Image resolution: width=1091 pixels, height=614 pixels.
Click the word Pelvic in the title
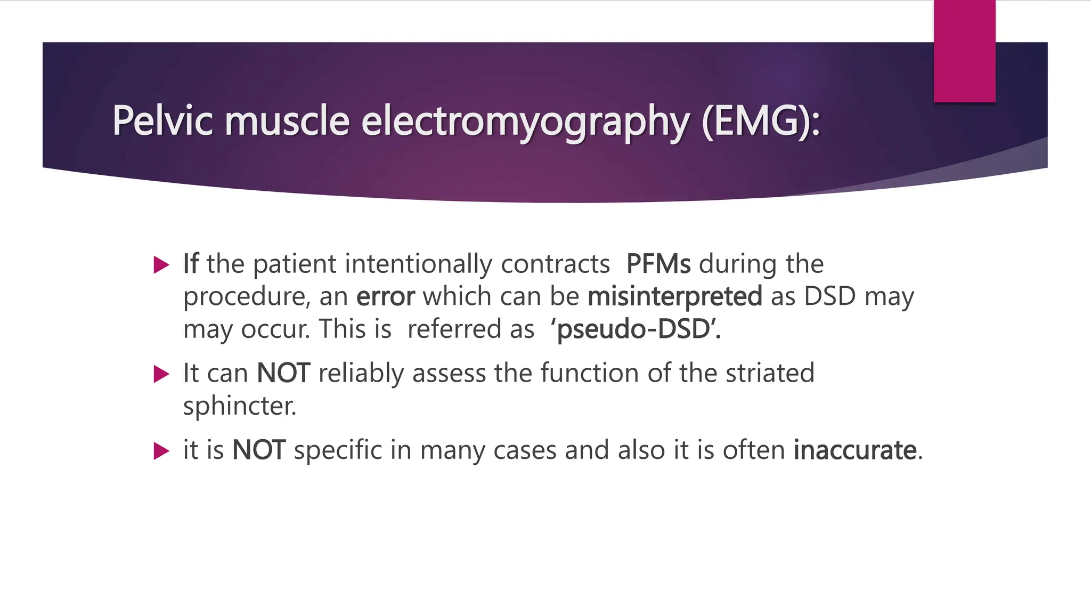click(x=162, y=120)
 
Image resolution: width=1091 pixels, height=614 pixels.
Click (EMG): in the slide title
click(x=761, y=122)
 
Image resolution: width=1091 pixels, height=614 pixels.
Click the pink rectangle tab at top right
click(x=964, y=51)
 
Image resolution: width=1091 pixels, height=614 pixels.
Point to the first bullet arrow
click(x=161, y=265)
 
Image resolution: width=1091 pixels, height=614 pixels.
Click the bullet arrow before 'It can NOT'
click(x=161, y=374)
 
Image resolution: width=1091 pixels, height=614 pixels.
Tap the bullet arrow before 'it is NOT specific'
click(x=161, y=451)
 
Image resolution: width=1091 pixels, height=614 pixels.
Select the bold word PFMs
click(x=658, y=264)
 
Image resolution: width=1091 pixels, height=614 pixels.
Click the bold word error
click(x=385, y=296)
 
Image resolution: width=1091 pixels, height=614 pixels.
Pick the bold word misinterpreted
click(x=675, y=297)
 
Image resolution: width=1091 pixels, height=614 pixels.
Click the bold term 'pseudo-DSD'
click(x=636, y=329)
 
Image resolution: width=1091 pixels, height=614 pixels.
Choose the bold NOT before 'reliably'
click(x=283, y=373)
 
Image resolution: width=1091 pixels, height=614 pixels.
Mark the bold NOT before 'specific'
click(x=259, y=450)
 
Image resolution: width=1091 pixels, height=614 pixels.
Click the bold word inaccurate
click(x=855, y=450)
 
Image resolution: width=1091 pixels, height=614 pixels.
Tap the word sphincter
click(x=239, y=407)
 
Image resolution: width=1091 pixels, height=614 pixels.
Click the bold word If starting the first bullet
click(x=191, y=264)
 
